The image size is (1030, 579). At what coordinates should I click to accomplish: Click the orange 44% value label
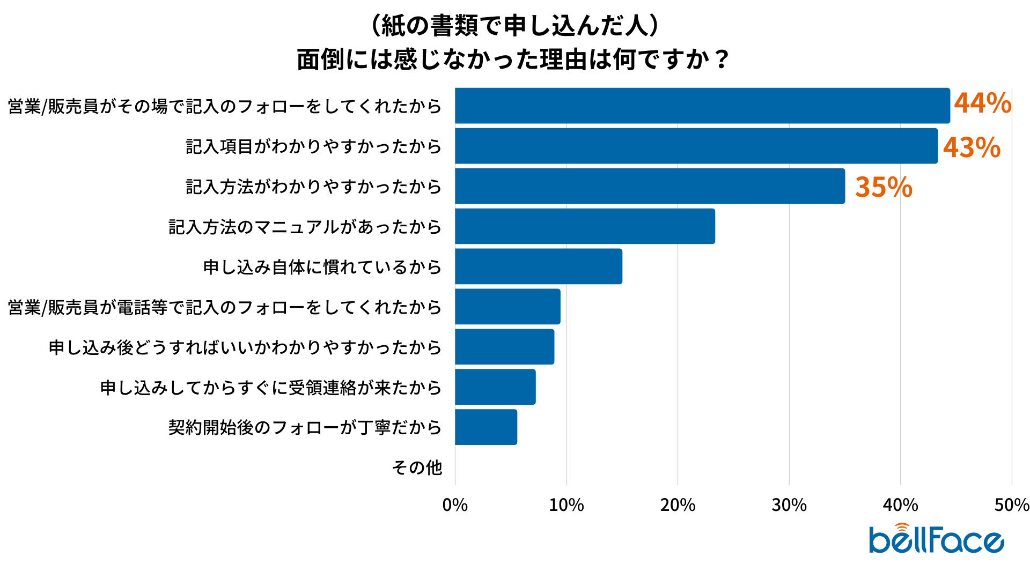(982, 103)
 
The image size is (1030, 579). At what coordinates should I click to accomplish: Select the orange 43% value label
(972, 147)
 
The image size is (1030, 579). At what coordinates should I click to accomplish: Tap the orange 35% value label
(884, 187)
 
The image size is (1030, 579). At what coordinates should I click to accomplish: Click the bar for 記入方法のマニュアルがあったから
(585, 226)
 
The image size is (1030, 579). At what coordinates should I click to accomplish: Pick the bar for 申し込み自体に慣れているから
(539, 266)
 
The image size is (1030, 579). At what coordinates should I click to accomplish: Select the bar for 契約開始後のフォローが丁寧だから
(486, 427)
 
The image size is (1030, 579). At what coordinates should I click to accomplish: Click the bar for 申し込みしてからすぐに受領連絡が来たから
(495, 387)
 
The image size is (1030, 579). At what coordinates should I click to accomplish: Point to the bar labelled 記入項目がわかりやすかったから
(696, 146)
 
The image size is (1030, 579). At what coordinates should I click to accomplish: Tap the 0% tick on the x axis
(455, 505)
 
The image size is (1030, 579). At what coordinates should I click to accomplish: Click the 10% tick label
(566, 505)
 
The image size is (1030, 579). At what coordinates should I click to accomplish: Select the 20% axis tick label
(678, 505)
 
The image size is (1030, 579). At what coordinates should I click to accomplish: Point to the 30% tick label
(789, 505)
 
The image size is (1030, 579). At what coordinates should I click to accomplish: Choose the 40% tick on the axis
(900, 505)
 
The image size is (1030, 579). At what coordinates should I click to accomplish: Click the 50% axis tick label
(1011, 505)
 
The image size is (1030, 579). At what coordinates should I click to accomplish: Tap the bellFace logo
(936, 539)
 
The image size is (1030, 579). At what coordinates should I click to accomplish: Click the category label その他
(417, 467)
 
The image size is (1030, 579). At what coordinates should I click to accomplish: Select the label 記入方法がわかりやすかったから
(313, 187)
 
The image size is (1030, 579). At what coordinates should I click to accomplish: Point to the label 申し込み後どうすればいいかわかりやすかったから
(245, 347)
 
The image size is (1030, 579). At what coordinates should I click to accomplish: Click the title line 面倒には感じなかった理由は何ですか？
(513, 59)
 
